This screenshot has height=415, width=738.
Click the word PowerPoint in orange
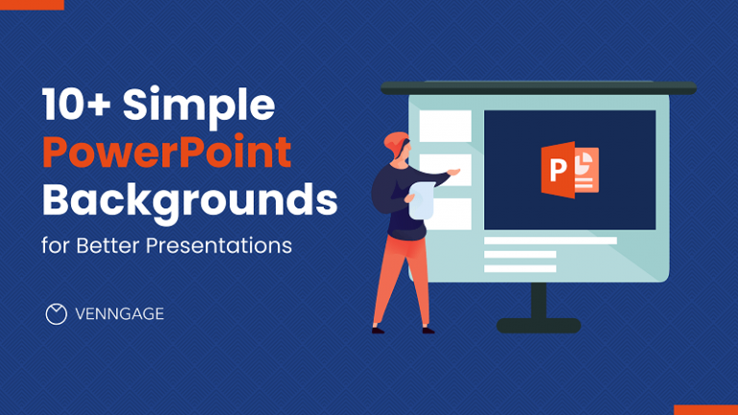pos(166,154)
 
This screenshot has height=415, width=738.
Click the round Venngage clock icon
pos(57,314)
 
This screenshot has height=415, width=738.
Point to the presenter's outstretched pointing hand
pos(454,173)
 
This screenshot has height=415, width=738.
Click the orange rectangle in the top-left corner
pos(32,5)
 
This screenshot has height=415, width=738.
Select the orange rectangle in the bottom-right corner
pos(705,409)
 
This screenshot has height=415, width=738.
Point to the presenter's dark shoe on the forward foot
pos(379,330)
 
